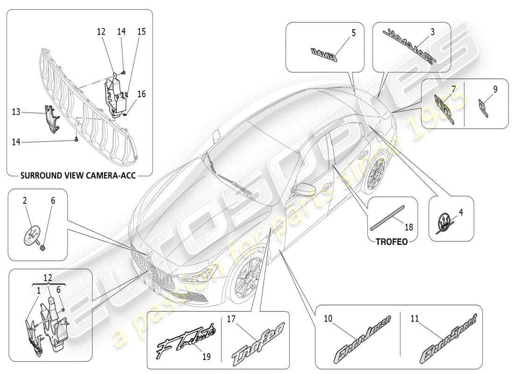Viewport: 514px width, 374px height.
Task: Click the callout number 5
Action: tap(353, 33)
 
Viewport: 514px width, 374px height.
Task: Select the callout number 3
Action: tap(432, 32)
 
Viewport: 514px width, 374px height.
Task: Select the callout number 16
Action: tap(142, 94)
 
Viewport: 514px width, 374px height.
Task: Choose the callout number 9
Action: tap(495, 88)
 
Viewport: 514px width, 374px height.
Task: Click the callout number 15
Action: tap(141, 32)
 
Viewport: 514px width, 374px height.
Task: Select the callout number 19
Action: tap(206, 356)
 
